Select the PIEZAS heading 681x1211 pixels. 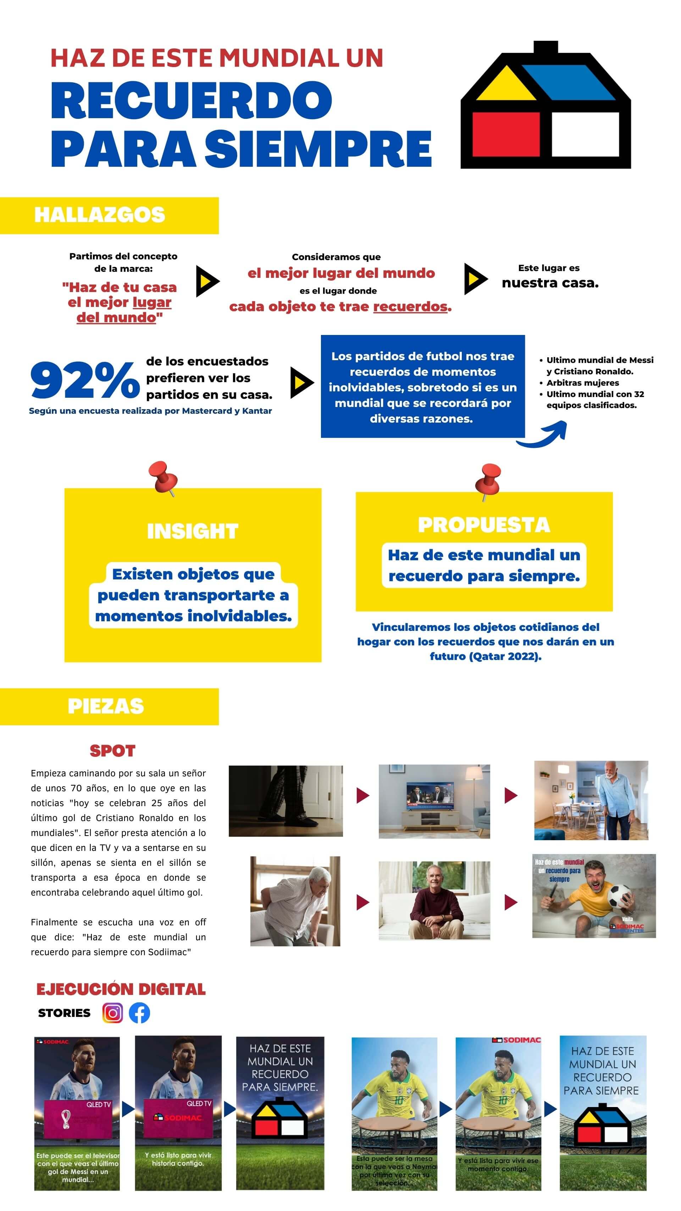(106, 706)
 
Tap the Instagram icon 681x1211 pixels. (112, 1013)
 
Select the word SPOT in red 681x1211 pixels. (112, 751)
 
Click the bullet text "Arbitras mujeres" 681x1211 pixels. (582, 382)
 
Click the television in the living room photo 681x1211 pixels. (430, 796)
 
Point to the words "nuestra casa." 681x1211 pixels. (550, 283)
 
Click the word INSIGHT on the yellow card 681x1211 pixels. (193, 531)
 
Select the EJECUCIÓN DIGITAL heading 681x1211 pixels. (121, 989)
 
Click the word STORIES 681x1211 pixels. (65, 1013)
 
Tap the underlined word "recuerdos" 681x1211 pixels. (410, 307)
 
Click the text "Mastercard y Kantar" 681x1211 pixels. (227, 411)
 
